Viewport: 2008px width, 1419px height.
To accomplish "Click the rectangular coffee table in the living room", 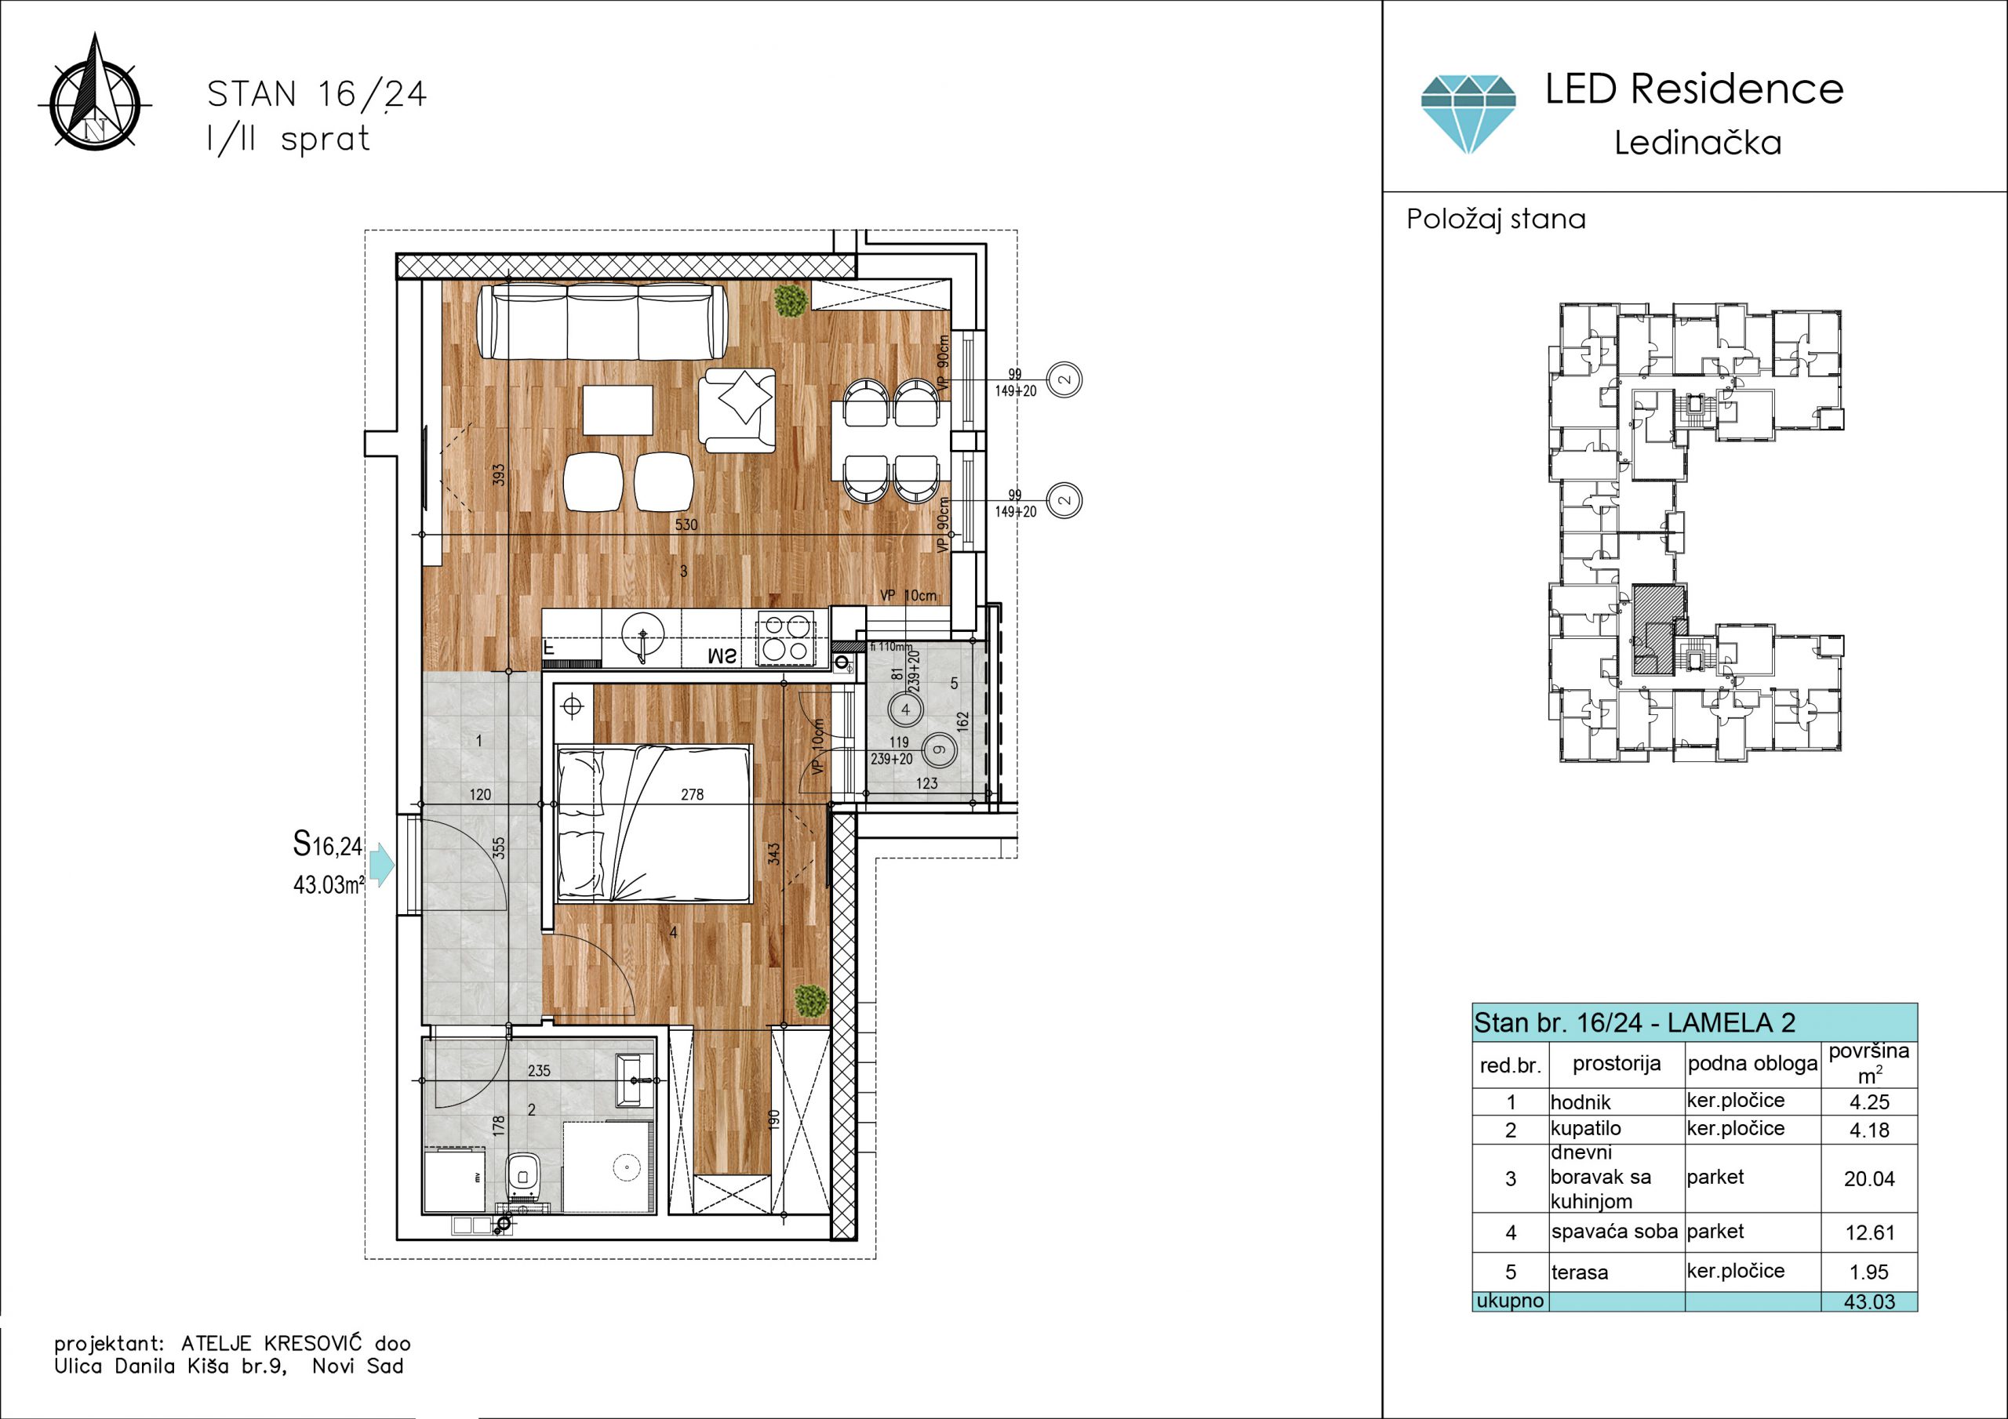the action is tap(617, 410).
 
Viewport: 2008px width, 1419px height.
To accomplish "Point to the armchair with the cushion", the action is tap(737, 410).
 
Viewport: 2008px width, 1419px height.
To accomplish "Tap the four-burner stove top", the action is tap(784, 637).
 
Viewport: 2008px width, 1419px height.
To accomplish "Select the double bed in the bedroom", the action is tap(654, 822).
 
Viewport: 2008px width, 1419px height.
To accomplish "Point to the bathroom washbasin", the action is tap(635, 1080).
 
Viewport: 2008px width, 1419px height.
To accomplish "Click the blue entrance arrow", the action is tap(382, 865).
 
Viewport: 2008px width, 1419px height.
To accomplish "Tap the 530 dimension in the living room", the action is tap(686, 524).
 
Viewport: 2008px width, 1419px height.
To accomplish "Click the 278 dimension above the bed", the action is tap(692, 794).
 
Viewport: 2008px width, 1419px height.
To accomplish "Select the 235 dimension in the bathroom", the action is tap(539, 1070).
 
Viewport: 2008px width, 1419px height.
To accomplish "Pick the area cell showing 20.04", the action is tap(1869, 1178).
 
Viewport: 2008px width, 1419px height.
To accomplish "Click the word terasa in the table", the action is tap(1580, 1272).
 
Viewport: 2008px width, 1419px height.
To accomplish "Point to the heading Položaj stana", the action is tap(1496, 219).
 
